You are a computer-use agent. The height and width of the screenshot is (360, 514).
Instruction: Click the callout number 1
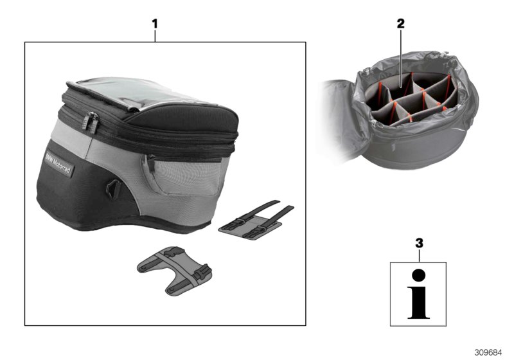coord(154,24)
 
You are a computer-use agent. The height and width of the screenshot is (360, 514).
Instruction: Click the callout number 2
coord(401,24)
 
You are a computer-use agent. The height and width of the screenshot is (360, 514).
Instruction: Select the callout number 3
coord(419,244)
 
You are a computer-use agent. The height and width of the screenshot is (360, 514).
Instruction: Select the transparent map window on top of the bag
coord(122,95)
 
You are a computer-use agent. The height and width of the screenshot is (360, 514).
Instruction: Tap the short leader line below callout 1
coord(154,36)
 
